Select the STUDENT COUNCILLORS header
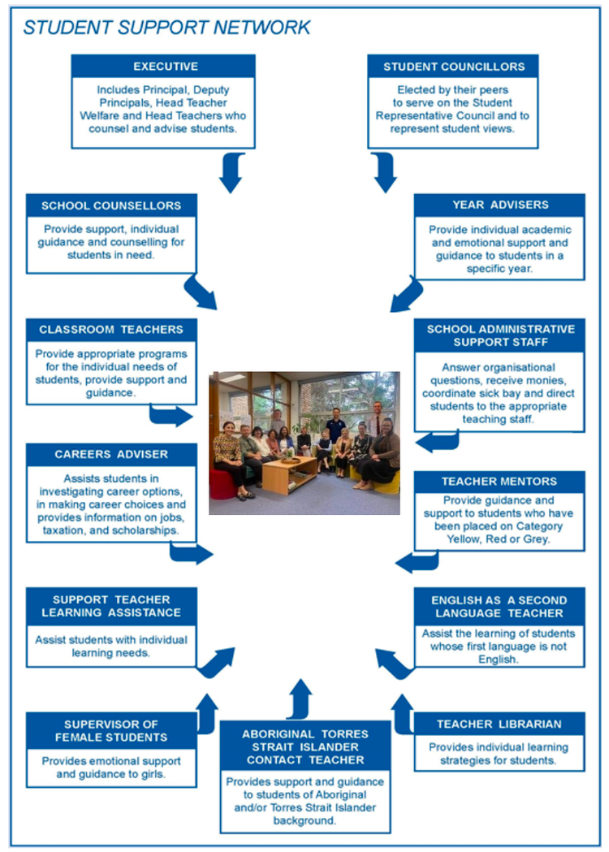click(453, 66)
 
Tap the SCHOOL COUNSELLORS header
click(111, 205)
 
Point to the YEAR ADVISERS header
click(499, 205)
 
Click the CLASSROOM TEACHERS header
click(111, 330)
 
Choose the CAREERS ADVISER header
click(111, 454)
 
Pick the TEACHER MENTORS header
click(499, 482)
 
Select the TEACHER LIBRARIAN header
click(499, 724)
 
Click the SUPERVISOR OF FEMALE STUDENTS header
click(111, 730)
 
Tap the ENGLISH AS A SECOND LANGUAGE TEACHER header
click(499, 606)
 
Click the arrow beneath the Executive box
click(231, 172)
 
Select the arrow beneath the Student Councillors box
click(383, 172)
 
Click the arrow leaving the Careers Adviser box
click(192, 554)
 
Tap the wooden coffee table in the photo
click(289, 473)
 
